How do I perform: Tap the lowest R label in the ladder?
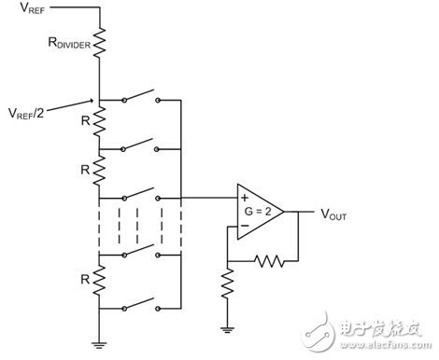[x=83, y=279]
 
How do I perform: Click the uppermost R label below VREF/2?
[x=83, y=121]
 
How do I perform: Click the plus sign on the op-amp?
[x=243, y=198]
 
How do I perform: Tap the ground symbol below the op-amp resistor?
[x=226, y=327]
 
